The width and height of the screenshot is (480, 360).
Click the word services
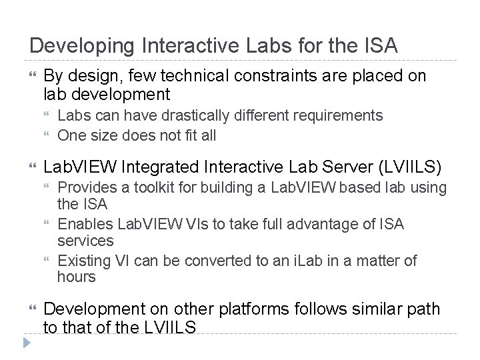pyautogui.click(x=86, y=240)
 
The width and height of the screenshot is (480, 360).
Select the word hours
pyautogui.click(x=77, y=277)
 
